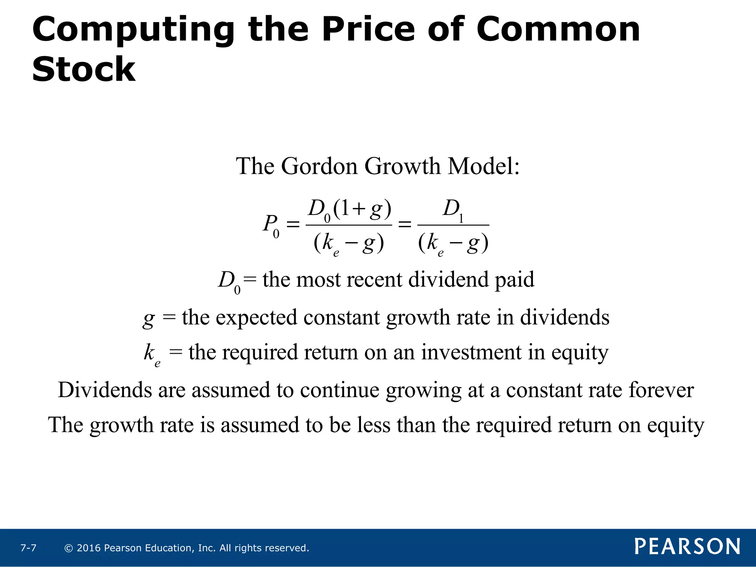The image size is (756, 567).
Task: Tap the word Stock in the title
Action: coord(84,69)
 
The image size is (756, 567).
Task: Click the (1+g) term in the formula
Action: coord(362,209)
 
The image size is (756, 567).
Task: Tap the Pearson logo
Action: coord(687,546)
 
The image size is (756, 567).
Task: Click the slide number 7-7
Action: coord(28,548)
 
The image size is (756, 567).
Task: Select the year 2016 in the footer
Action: coord(89,548)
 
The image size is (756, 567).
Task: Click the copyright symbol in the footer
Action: coord(68,548)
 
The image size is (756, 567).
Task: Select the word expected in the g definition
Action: coord(256,318)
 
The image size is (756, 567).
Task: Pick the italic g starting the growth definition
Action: coord(148,319)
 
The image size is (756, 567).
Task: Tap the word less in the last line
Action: coord(374,425)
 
